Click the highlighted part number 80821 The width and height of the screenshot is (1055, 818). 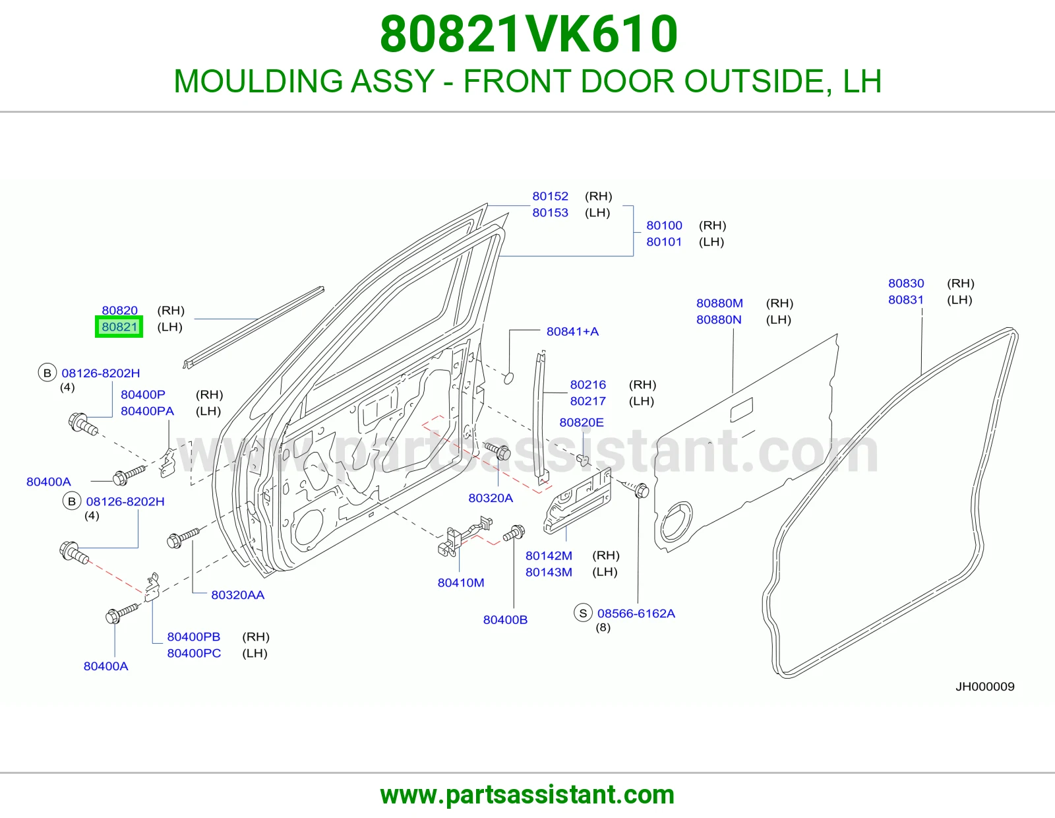tap(119, 327)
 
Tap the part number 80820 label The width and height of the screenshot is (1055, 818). tap(119, 311)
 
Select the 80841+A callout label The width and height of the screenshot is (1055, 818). tap(572, 331)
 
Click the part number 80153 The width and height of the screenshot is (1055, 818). tap(550, 212)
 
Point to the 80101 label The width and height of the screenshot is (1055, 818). tap(664, 242)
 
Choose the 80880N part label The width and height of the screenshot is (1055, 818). tap(719, 320)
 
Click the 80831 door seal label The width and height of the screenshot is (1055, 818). tap(905, 299)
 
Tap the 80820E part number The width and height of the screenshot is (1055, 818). tap(581, 423)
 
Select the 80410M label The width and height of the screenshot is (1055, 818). tap(461, 583)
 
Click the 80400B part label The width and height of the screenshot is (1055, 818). tap(505, 620)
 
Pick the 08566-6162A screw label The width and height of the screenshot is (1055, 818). tap(636, 613)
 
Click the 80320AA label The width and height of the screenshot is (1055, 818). tap(237, 595)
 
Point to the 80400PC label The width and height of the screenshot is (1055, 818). tap(194, 653)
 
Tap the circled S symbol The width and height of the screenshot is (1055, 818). tap(583, 613)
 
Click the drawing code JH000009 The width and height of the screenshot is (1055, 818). tap(984, 686)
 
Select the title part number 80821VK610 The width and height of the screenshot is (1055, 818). tap(529, 34)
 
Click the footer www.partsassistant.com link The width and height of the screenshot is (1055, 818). tap(527, 795)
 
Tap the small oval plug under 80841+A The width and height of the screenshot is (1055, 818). tap(509, 378)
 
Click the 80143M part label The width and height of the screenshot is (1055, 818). tap(549, 572)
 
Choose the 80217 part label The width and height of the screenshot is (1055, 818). tap(588, 401)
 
